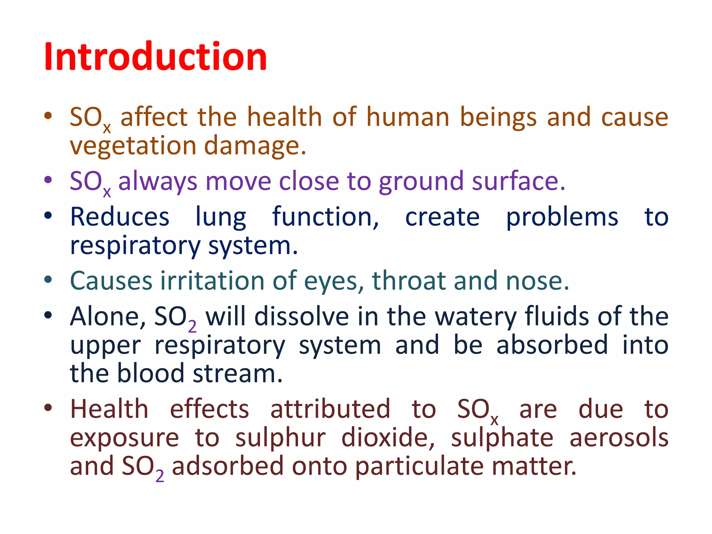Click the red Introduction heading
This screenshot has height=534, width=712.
155,57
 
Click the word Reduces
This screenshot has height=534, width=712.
120,217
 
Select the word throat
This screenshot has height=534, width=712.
409,281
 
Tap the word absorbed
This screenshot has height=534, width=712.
552,345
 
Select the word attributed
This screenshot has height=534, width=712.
330,409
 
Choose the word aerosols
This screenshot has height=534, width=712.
619,438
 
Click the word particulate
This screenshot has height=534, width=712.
420,467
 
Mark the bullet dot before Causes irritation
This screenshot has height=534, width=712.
48,280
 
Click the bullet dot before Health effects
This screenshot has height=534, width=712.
48,408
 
